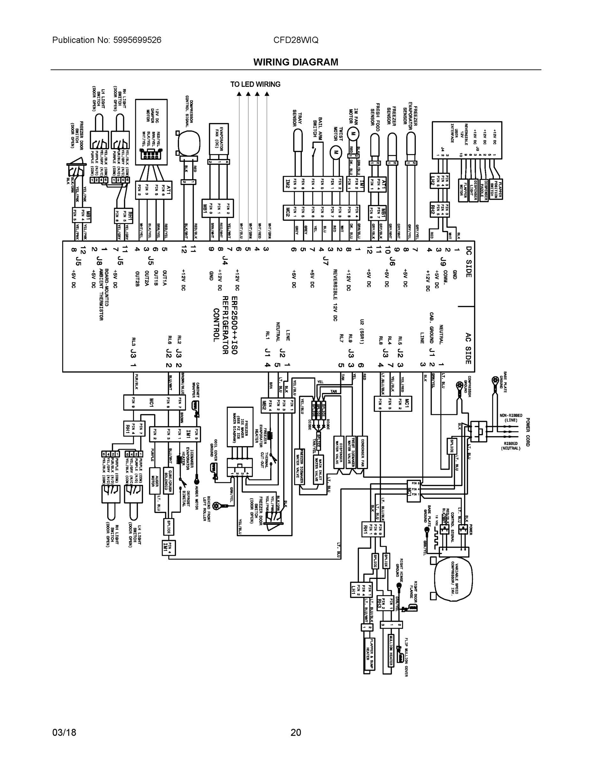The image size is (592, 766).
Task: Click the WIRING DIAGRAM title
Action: click(x=296, y=62)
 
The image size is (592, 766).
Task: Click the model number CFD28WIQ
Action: click(x=296, y=40)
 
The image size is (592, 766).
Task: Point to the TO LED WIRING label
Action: click(x=255, y=84)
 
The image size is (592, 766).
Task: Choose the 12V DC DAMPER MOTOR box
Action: click(x=151, y=131)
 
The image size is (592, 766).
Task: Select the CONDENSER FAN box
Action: click(x=363, y=453)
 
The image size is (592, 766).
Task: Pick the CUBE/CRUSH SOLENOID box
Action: click(x=168, y=480)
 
